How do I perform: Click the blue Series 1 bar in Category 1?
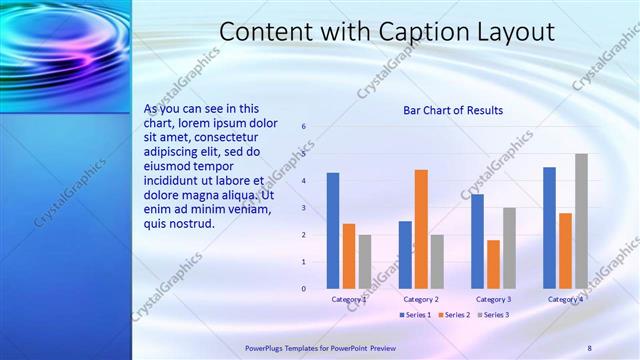(333, 231)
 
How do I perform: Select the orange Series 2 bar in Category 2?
(421, 229)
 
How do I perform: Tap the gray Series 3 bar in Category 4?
(581, 221)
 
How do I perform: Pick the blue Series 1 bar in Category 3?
(477, 241)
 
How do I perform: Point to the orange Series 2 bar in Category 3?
(493, 264)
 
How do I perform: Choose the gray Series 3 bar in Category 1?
(365, 262)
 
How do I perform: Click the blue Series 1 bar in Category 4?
(549, 228)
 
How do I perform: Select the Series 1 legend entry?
(416, 315)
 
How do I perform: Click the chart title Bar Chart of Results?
(453, 110)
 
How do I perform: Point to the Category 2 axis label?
(421, 299)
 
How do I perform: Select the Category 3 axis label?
(493, 299)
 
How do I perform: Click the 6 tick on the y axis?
(304, 127)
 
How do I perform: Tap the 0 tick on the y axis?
(304, 288)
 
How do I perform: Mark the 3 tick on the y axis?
(304, 208)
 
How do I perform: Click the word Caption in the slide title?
(418, 32)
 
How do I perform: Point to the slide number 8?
(589, 347)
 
